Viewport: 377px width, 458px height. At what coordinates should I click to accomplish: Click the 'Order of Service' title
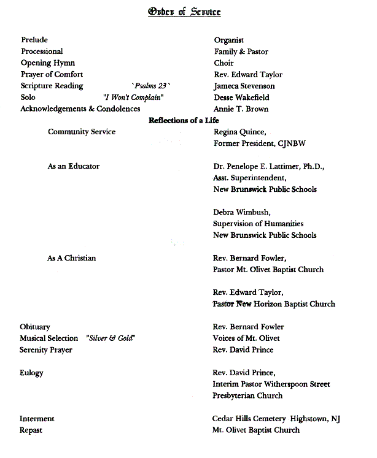point(184,12)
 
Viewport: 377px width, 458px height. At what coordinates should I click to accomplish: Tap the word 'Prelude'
point(34,40)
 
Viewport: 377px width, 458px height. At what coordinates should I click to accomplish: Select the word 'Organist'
point(229,40)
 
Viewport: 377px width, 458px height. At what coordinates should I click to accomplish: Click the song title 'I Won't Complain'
point(133,97)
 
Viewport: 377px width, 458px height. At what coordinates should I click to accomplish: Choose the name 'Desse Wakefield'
point(241,97)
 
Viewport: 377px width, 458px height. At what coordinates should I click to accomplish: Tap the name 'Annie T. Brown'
point(241,109)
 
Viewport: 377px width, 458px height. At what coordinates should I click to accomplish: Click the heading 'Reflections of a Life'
point(184,120)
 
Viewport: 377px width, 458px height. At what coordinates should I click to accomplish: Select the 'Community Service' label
point(82,132)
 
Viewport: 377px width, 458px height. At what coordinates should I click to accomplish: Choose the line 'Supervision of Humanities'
point(258,224)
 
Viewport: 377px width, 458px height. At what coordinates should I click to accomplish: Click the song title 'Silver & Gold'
point(111,338)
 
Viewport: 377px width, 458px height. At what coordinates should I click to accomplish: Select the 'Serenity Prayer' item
point(46,350)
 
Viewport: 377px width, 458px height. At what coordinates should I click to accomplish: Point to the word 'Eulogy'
point(31,373)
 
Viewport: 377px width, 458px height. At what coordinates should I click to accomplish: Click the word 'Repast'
point(31,430)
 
